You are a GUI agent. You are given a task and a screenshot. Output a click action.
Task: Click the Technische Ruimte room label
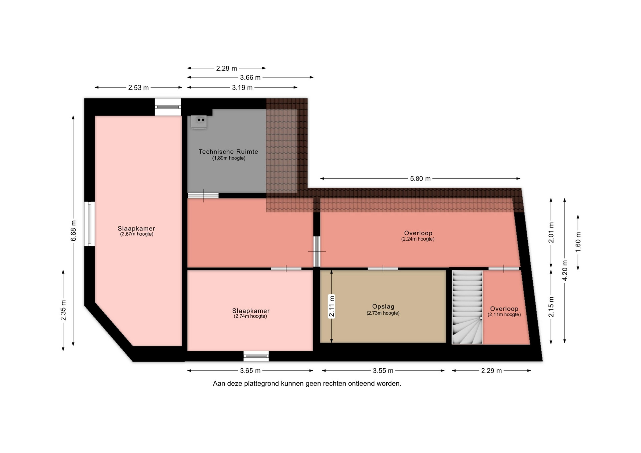(228, 152)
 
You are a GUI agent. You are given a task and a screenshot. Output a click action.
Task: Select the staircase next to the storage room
(467, 307)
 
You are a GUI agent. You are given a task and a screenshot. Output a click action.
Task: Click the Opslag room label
(383, 307)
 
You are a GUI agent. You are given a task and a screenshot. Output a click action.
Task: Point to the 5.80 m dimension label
(420, 179)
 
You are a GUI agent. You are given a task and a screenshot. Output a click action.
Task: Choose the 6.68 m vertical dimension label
(73, 231)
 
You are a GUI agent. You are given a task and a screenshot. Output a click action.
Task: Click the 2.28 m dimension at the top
(226, 68)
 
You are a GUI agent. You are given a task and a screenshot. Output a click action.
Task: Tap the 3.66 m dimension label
(250, 78)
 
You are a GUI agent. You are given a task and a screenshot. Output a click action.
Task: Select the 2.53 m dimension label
(139, 88)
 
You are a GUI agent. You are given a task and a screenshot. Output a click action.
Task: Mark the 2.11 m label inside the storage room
(332, 306)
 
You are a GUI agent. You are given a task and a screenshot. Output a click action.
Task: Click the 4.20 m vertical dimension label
(565, 270)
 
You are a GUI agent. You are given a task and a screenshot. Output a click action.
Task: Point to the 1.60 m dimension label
(578, 242)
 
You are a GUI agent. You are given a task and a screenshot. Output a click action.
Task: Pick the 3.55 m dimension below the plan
(383, 371)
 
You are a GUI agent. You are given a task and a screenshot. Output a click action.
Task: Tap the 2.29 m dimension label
(491, 371)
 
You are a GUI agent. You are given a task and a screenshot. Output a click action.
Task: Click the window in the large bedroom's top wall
(168, 107)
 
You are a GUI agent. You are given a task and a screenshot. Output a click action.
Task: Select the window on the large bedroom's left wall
(89, 224)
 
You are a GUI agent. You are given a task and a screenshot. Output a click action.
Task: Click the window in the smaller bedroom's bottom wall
(256, 356)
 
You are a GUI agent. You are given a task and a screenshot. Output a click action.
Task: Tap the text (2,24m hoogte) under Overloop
(418, 239)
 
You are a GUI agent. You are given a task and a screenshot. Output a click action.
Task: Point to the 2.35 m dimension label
(63, 311)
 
